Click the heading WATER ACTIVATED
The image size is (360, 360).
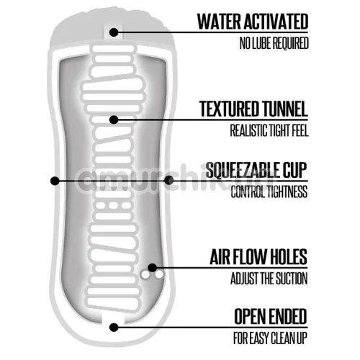click(x=253, y=22)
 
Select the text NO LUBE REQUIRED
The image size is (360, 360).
click(x=274, y=43)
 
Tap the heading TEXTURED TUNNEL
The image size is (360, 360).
click(x=253, y=109)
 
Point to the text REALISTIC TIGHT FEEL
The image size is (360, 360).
click(x=269, y=130)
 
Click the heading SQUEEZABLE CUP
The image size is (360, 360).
click(x=256, y=170)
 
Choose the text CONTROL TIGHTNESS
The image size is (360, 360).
click(x=269, y=192)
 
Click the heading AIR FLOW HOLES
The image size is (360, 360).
click(x=258, y=257)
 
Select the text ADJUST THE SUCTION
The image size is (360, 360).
click(x=269, y=279)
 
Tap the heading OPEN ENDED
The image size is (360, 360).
click(x=271, y=316)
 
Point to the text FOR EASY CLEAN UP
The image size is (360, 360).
click(x=270, y=338)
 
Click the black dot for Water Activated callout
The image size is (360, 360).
click(x=114, y=32)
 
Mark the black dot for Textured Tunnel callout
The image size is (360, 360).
click(x=114, y=120)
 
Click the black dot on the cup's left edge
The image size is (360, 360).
click(x=55, y=181)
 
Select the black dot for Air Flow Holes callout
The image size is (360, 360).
click(x=153, y=268)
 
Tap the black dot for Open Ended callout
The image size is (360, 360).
click(x=114, y=328)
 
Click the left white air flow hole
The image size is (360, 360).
click(x=145, y=275)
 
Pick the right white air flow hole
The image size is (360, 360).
click(x=158, y=274)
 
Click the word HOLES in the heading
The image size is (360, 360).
click(x=289, y=257)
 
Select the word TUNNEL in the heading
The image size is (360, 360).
click(x=284, y=109)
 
